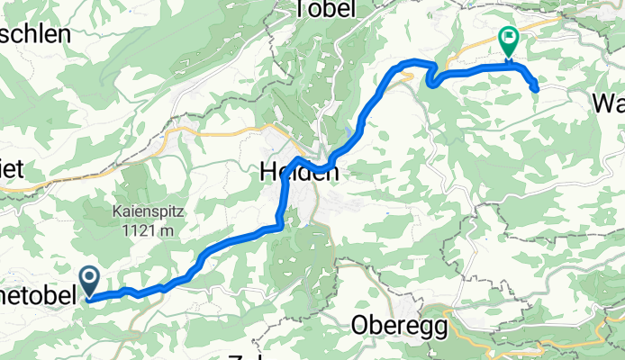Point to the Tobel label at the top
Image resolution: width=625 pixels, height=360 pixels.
(325, 9)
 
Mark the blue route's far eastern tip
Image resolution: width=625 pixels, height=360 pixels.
(536, 87)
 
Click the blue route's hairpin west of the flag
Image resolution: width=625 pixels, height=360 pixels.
(430, 82)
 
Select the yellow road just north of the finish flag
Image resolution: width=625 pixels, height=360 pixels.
(540, 22)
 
